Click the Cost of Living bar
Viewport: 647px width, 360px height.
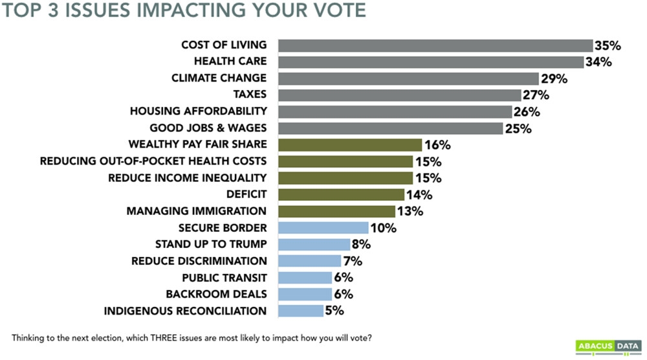435,45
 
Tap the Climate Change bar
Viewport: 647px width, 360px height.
408,78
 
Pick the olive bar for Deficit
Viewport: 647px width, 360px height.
341,194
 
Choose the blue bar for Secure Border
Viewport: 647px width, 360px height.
323,228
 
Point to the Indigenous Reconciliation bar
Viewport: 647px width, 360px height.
300,311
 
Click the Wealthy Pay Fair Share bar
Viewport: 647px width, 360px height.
350,144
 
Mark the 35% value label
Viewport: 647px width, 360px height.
608,45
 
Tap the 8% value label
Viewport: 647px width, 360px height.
361,245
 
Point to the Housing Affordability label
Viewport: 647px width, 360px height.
198,111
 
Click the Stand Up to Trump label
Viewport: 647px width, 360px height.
211,245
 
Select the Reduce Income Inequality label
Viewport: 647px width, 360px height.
186,178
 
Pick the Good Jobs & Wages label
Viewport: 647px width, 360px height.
208,128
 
